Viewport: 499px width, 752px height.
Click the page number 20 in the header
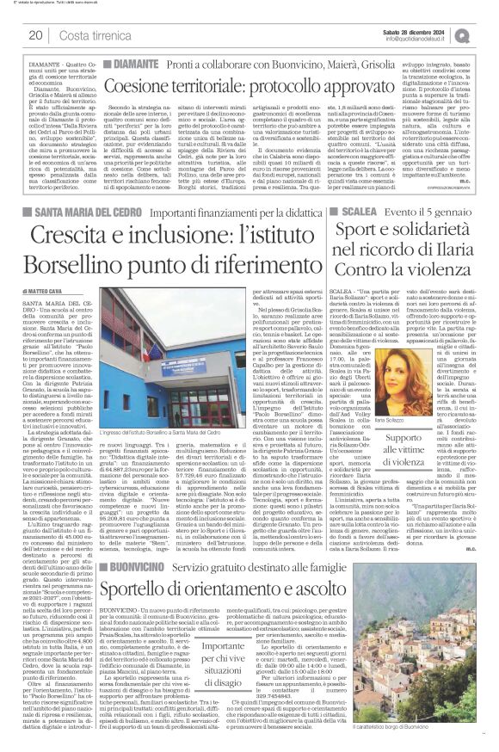[35, 34]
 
